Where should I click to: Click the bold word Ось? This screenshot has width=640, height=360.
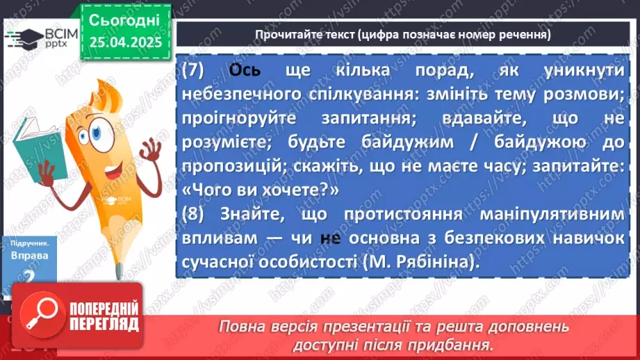[x=245, y=71]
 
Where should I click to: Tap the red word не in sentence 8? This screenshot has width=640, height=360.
[x=330, y=238]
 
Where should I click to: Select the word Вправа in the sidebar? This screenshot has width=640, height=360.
[x=29, y=256]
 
